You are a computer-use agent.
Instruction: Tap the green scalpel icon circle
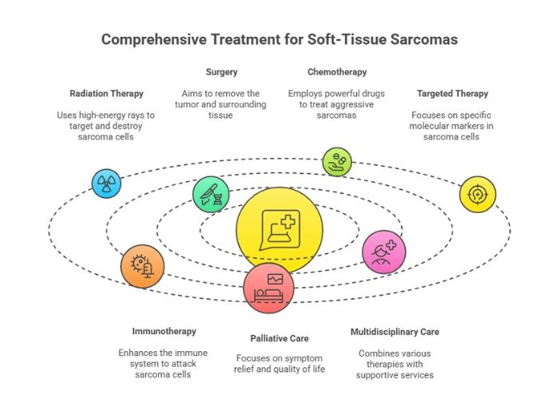pyautogui.click(x=211, y=194)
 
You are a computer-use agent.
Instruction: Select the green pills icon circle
pyautogui.click(x=336, y=161)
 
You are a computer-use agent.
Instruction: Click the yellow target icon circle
pyautogui.click(x=478, y=194)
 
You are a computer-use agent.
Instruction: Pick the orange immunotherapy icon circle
pyautogui.click(x=143, y=266)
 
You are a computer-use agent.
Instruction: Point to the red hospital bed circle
pyautogui.click(x=268, y=287)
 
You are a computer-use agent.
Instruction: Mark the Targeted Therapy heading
pyautogui.click(x=452, y=93)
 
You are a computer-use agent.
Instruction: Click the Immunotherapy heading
pyautogui.click(x=164, y=331)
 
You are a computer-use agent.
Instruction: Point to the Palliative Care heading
pyautogui.click(x=278, y=338)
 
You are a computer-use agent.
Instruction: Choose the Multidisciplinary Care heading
pyautogui.click(x=395, y=331)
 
